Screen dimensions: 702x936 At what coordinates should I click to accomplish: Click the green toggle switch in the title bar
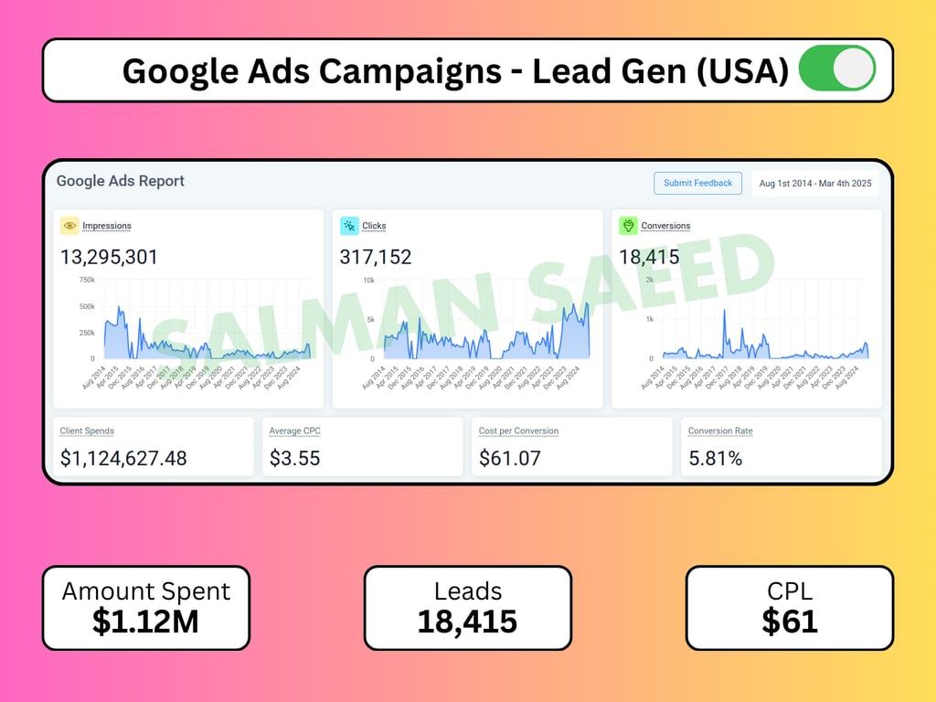(x=837, y=69)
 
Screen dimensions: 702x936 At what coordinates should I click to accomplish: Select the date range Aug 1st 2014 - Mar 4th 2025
(x=815, y=183)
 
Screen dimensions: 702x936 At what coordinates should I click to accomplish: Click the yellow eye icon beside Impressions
(x=69, y=226)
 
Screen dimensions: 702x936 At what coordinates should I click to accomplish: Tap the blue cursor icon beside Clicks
(x=349, y=226)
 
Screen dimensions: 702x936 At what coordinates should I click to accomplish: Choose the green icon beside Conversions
(x=628, y=226)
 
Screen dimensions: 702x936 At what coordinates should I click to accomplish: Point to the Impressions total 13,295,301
(x=109, y=257)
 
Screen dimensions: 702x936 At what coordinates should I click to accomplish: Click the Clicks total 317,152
(x=376, y=257)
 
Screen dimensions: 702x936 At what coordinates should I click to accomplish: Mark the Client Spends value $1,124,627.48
(x=123, y=458)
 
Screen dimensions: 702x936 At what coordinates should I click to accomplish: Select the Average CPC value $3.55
(x=295, y=458)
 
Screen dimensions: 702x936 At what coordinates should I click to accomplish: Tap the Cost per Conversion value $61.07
(x=510, y=458)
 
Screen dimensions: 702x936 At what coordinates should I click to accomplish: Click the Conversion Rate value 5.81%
(x=716, y=458)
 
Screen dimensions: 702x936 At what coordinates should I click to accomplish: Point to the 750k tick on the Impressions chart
(x=87, y=280)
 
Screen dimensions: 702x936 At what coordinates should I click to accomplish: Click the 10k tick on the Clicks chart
(x=369, y=280)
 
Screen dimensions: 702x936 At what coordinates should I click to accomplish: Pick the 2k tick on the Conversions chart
(x=649, y=280)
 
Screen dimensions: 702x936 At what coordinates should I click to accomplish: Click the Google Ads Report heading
(x=121, y=181)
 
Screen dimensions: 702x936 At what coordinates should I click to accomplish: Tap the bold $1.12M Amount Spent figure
(x=145, y=621)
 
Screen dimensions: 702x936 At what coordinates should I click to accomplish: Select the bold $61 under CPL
(x=789, y=621)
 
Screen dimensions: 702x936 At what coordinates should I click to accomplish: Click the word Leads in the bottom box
(x=468, y=591)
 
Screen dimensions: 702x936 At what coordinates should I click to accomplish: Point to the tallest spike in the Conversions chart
(x=724, y=312)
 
